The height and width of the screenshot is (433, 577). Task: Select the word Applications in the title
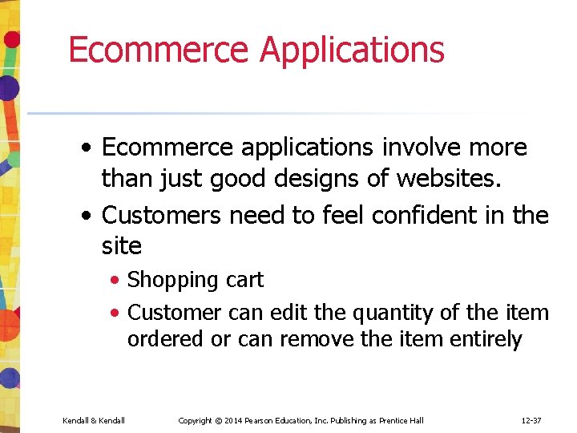coord(352,49)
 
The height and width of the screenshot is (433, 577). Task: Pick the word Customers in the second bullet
coord(165,215)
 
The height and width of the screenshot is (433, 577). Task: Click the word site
coord(122,245)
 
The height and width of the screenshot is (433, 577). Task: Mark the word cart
coord(244,280)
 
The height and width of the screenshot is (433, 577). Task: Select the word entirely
coord(486,339)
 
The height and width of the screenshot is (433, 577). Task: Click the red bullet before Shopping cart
coord(116,281)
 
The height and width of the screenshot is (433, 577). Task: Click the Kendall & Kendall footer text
coord(94,421)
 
